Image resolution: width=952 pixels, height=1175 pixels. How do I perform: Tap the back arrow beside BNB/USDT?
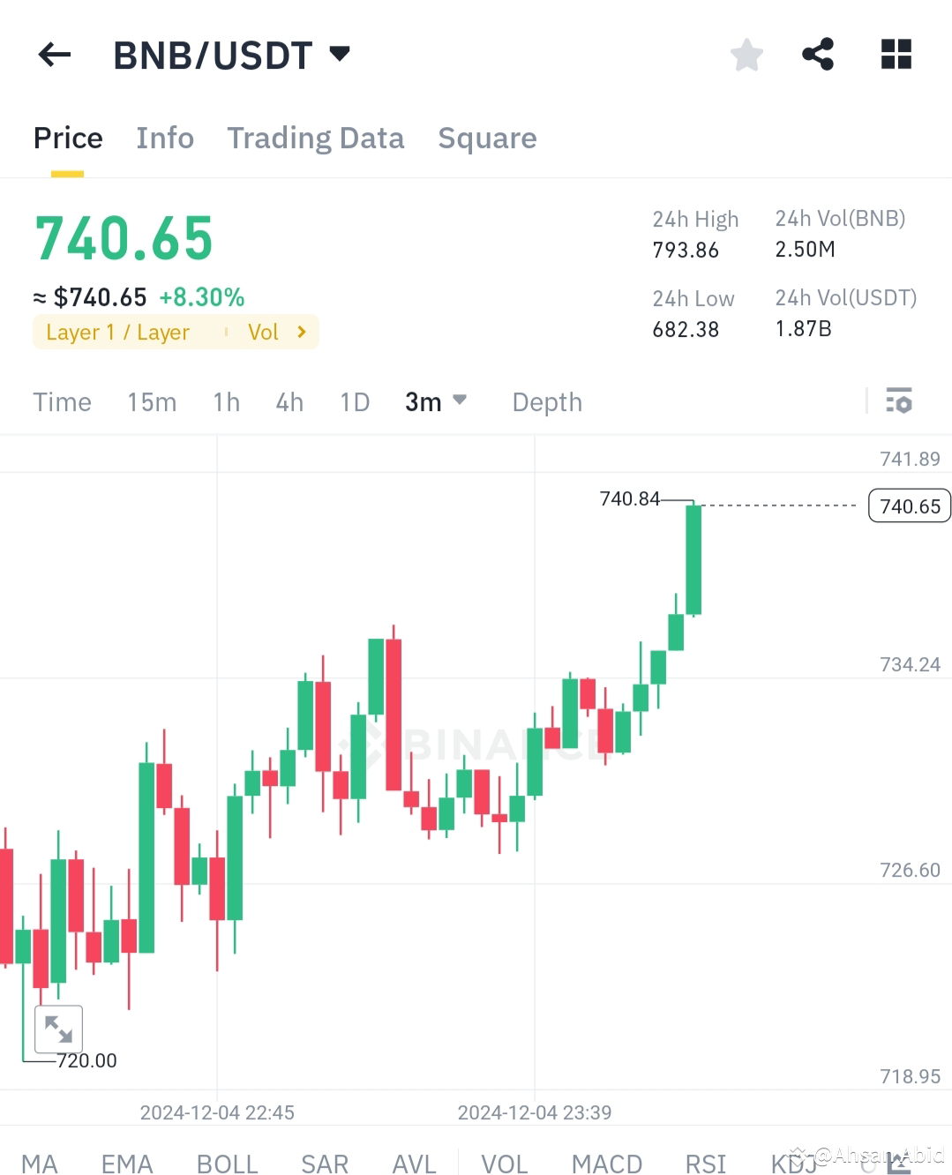coord(54,55)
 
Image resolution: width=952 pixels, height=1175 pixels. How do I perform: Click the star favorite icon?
coord(746,55)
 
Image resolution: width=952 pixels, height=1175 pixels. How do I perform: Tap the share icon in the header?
coord(818,55)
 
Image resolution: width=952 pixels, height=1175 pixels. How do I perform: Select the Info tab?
coord(165,138)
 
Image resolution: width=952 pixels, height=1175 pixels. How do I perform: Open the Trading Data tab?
coord(315,138)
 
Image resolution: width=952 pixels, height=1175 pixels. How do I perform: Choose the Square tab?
coord(487,138)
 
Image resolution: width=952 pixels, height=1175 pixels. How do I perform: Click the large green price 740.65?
coord(124,239)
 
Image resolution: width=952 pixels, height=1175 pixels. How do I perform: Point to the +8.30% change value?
coord(201,297)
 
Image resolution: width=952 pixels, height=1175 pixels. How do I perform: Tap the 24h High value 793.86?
coord(686,251)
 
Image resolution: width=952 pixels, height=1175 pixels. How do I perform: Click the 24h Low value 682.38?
coord(686,330)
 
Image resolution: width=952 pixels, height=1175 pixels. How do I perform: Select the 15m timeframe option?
coord(152,402)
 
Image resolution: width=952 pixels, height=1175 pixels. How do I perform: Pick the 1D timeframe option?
coord(355,402)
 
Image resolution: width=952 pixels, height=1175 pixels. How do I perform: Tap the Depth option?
coord(547,402)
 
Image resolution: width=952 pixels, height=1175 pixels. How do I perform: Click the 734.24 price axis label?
coord(910,665)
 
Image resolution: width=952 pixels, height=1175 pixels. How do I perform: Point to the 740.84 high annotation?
coord(629,499)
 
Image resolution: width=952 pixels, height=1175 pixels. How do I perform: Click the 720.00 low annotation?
coord(86,1060)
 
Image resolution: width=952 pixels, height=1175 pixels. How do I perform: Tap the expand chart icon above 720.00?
coord(58,1029)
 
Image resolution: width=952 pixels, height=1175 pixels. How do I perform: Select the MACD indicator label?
coord(606,1164)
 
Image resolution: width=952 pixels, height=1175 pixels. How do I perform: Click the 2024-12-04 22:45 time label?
coord(217,1112)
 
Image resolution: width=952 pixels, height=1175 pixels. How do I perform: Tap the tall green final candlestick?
coord(693,560)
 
